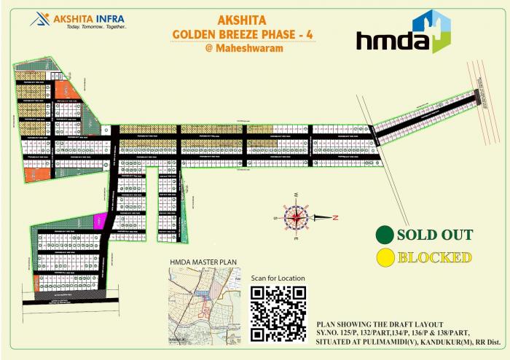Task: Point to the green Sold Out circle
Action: (384, 235)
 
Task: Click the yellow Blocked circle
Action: (384, 257)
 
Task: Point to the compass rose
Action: (297, 216)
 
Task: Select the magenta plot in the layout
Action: (101, 222)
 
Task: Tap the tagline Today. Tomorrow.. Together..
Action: (96, 26)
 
